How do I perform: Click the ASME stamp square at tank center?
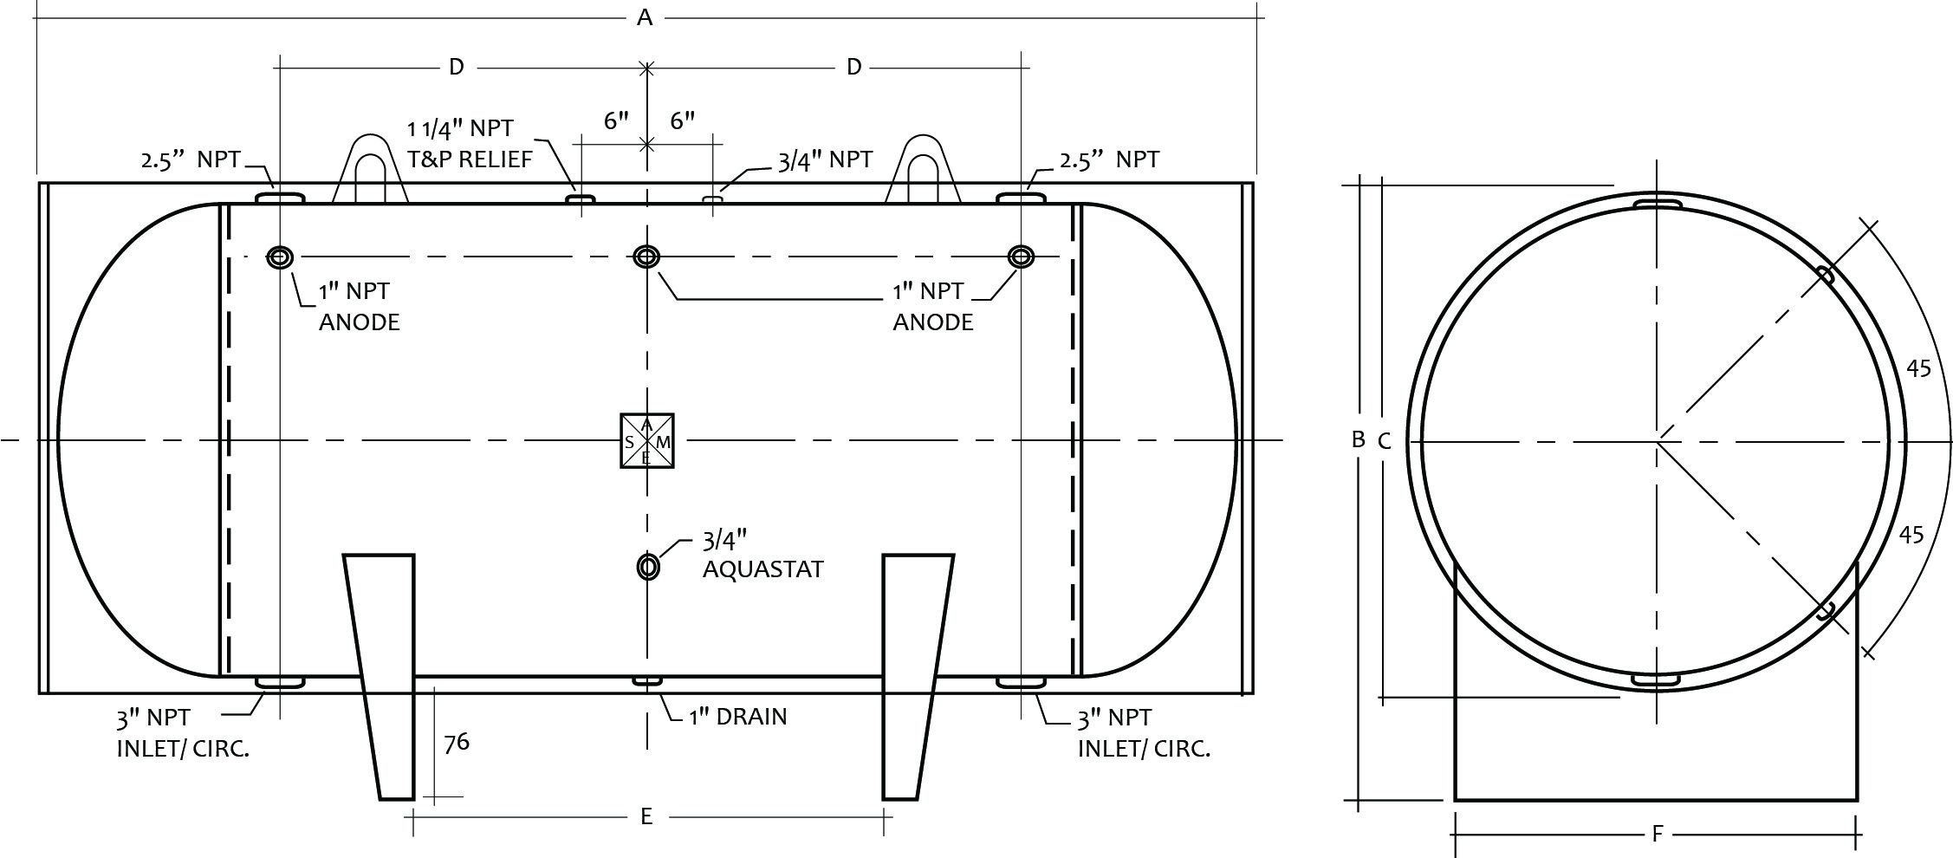click(646, 441)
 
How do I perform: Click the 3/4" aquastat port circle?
click(647, 567)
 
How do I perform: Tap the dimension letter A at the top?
click(644, 17)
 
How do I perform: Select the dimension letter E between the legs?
click(646, 816)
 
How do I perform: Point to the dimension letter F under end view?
click(1657, 835)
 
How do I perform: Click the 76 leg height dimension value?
click(456, 743)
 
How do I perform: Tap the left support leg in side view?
click(381, 676)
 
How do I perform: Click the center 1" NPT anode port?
click(646, 257)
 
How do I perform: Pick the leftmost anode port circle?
click(279, 257)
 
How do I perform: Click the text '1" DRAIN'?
click(737, 718)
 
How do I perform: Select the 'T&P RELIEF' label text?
click(470, 159)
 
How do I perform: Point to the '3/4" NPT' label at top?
click(825, 159)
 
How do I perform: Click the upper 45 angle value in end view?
click(1918, 369)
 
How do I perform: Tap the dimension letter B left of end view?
click(1359, 439)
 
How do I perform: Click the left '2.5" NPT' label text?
click(190, 159)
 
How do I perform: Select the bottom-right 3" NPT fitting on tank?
click(1021, 683)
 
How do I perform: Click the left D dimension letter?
click(456, 67)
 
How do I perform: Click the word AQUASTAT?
click(762, 569)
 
